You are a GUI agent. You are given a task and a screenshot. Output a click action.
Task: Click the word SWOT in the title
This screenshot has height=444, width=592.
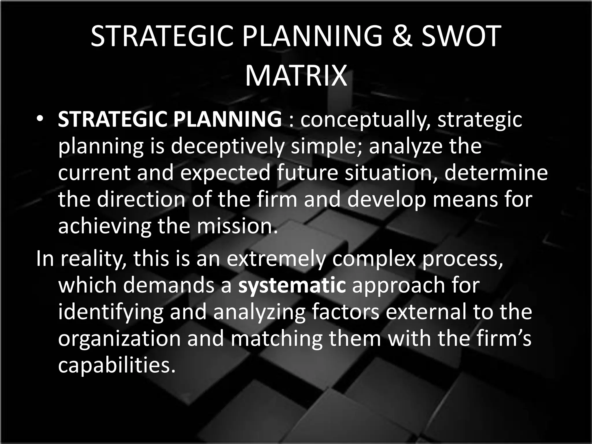pyautogui.click(x=460, y=36)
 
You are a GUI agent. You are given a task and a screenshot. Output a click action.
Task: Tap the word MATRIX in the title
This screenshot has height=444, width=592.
pyautogui.click(x=296, y=76)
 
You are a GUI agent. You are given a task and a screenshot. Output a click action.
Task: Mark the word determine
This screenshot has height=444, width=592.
pyautogui.click(x=496, y=173)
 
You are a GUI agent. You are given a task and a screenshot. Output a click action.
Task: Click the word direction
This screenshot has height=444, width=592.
pyautogui.click(x=140, y=199)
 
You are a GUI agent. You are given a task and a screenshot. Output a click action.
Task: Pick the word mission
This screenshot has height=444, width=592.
pyautogui.click(x=236, y=226)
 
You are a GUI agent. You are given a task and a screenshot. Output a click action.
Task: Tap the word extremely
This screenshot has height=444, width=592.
pyautogui.click(x=276, y=259)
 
